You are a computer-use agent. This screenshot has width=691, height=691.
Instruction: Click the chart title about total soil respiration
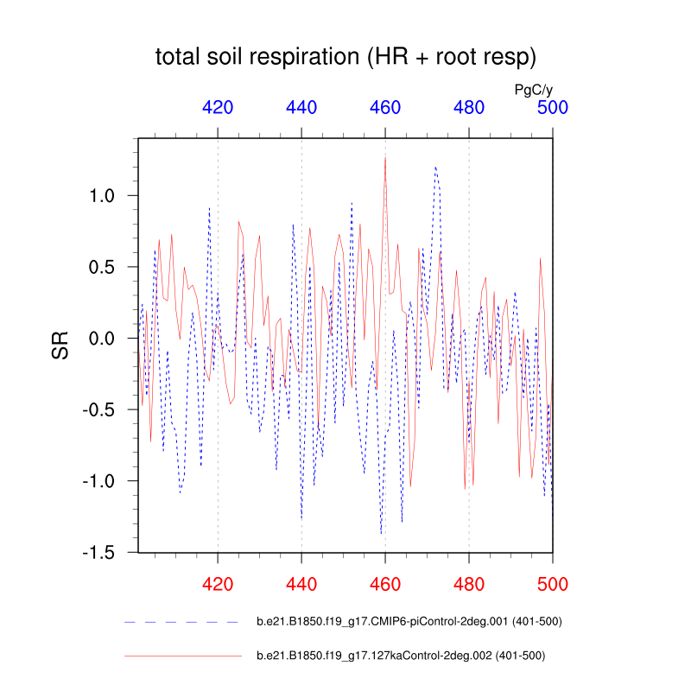point(346,58)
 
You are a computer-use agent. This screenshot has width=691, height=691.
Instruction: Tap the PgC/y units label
point(534,89)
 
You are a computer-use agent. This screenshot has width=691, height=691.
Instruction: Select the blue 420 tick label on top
point(218,108)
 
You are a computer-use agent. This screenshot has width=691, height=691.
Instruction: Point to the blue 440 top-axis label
point(301,108)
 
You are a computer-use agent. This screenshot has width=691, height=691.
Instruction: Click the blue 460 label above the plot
point(385,108)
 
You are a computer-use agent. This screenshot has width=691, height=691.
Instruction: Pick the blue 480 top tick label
point(469,108)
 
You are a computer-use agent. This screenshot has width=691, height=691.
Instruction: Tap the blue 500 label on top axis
point(553,108)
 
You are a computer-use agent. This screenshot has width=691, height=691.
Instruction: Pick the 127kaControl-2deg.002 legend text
point(401,656)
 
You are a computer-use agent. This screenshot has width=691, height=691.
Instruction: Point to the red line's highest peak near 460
point(385,158)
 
